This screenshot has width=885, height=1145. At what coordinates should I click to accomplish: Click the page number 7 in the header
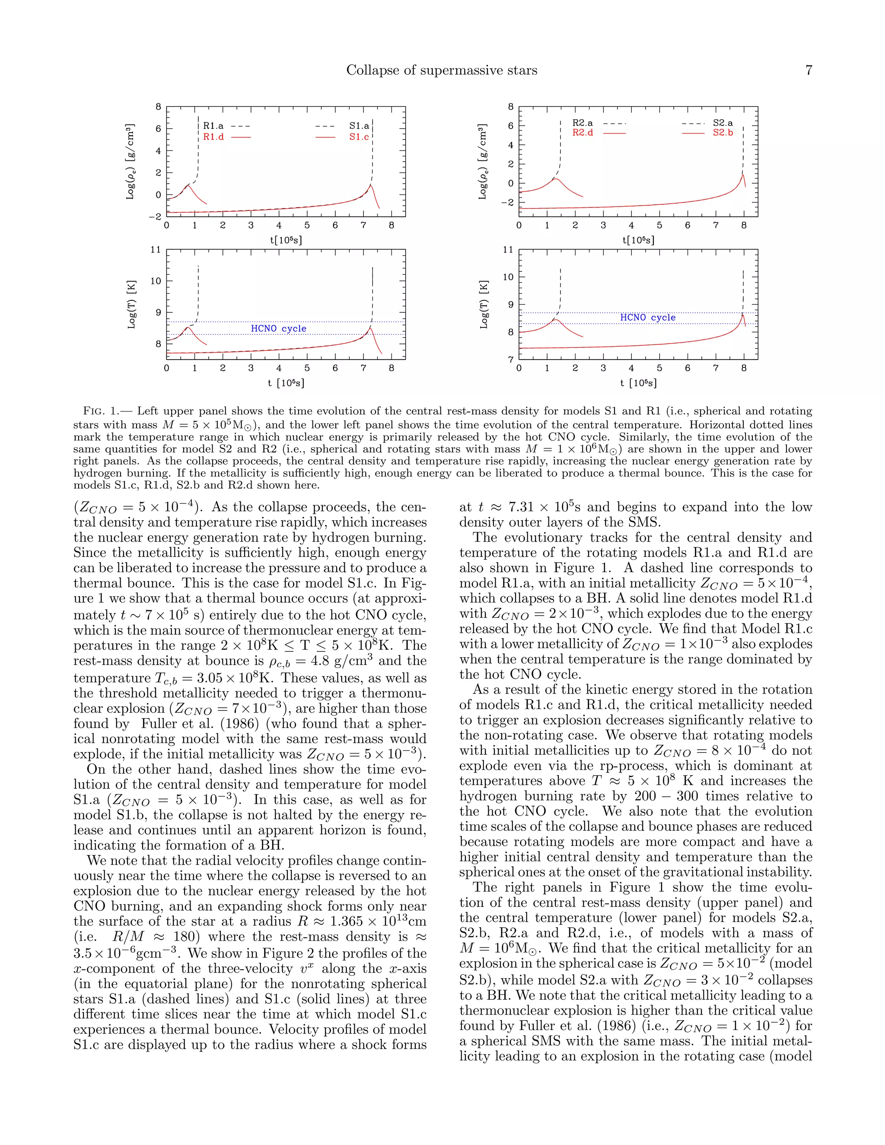[x=809, y=70]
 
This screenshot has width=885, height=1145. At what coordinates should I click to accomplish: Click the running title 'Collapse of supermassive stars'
[x=442, y=70]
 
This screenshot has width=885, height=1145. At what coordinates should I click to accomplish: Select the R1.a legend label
[x=213, y=126]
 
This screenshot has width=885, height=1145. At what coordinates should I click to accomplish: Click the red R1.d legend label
[x=213, y=137]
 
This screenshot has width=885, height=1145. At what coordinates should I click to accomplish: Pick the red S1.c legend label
[x=359, y=137]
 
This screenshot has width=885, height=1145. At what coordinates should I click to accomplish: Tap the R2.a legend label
[x=583, y=123]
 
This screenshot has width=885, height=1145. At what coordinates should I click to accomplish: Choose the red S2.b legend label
[x=723, y=133]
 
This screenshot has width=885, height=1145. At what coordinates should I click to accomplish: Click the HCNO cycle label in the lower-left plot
[x=278, y=328]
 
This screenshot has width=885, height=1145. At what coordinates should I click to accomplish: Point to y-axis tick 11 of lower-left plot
[x=156, y=250]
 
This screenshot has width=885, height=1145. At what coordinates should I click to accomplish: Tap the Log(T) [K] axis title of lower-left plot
[x=132, y=305]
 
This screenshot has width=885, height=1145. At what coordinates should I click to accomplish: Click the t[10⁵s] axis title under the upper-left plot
[x=286, y=240]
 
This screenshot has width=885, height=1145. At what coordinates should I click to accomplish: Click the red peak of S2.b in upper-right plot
[x=743, y=175]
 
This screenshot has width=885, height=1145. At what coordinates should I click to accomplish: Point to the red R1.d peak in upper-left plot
[x=189, y=184]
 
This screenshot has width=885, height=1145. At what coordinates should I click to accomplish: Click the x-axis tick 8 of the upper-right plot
[x=743, y=226]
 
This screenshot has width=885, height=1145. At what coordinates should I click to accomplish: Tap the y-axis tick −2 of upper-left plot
[x=155, y=216]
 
